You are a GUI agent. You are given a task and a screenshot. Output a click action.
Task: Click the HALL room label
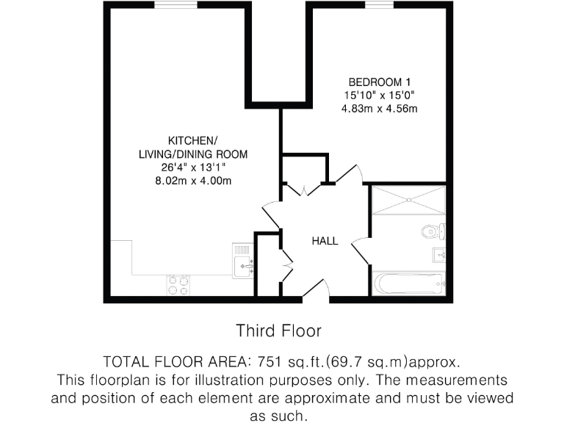point(325,241)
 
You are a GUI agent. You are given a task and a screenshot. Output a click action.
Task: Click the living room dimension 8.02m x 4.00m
point(193,181)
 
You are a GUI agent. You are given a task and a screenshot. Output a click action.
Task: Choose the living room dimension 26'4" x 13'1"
point(193,167)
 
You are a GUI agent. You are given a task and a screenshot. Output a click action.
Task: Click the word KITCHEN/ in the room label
point(193,140)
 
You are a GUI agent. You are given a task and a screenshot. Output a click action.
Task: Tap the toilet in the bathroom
point(433,232)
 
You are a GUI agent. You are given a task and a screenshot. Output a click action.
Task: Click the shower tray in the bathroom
point(408,200)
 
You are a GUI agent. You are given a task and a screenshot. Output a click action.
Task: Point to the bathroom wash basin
point(438,255)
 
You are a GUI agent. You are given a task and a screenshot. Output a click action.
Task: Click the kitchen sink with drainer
point(243,261)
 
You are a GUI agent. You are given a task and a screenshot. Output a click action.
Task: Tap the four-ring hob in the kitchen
point(178,284)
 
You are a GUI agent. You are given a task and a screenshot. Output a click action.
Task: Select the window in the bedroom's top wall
point(378,5)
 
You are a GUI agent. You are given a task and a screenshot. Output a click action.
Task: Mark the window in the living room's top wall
point(176,5)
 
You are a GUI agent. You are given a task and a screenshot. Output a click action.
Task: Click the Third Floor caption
point(278,330)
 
